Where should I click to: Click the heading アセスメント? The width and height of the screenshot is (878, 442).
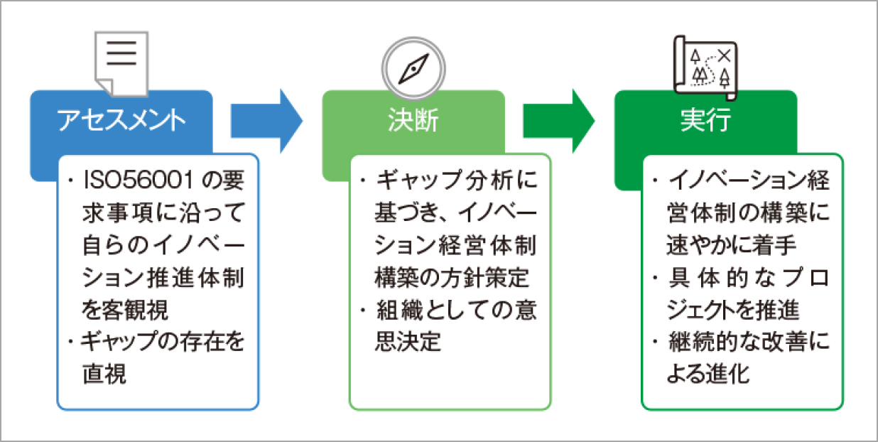121,120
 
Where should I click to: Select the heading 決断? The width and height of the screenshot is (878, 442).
414,120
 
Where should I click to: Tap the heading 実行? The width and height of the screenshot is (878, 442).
705,120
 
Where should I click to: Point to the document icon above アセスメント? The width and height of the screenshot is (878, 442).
121,61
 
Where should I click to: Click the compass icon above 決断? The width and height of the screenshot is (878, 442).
413,67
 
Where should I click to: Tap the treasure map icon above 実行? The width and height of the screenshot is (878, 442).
705,65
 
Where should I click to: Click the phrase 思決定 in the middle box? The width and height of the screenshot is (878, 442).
408,342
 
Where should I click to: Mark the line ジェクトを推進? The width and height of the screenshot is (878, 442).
732,310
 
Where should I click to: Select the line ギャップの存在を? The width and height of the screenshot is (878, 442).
163,342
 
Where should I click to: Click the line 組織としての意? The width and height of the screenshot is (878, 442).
455,310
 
